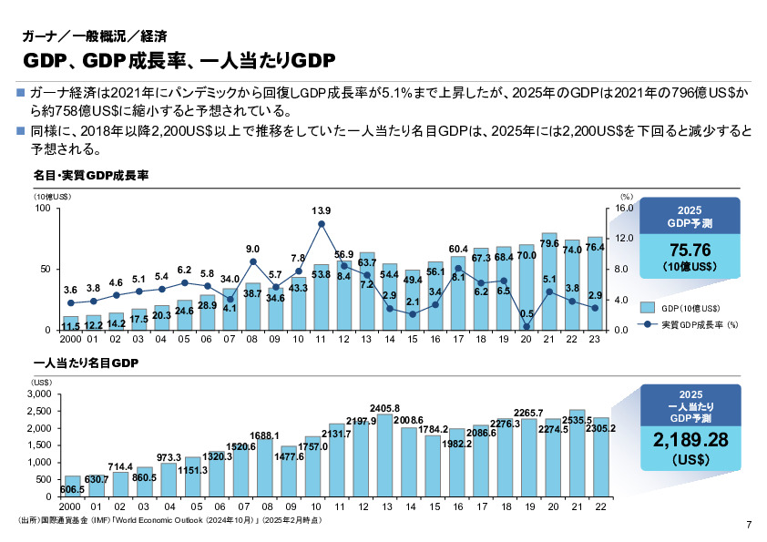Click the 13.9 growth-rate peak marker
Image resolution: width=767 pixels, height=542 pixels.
tap(322, 224)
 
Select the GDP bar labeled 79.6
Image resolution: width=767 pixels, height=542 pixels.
tap(549, 282)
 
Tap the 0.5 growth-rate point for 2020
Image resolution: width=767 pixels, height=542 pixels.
tap(527, 325)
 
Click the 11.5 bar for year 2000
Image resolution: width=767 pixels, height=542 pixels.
tap(70, 322)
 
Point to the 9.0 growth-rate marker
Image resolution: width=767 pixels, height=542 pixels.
tap(253, 261)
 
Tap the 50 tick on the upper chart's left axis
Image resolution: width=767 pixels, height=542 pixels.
tap(46, 270)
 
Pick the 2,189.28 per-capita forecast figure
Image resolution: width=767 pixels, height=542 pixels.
tap(690, 440)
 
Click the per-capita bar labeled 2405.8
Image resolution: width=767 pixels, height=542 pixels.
tap(384, 455)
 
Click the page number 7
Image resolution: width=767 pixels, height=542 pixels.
tap(749, 524)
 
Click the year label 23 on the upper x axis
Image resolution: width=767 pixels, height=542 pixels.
tap(595, 340)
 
